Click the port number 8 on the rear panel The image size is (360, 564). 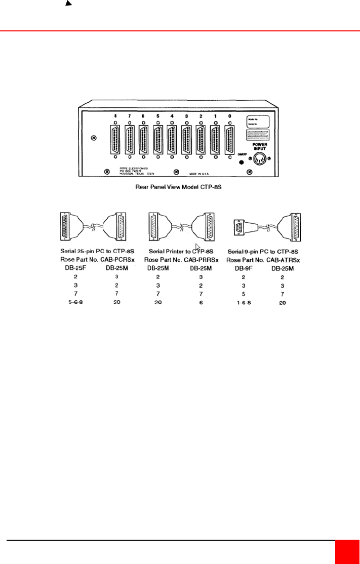point(115,116)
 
